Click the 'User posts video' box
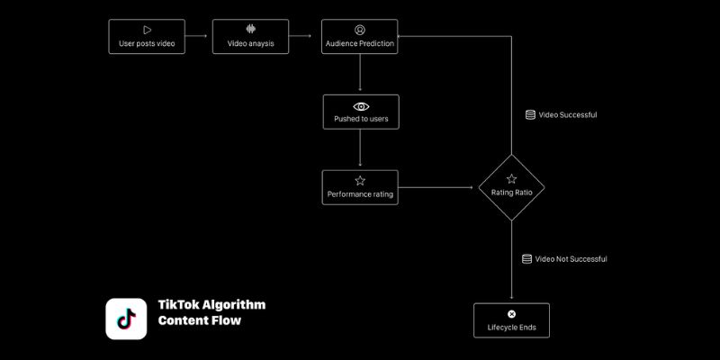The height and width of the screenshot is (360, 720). [x=147, y=37]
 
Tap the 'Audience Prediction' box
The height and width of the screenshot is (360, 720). [x=359, y=37]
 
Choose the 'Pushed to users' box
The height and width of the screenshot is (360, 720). [x=360, y=112]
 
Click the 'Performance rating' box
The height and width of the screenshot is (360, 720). [x=360, y=187]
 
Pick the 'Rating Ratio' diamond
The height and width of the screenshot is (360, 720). [x=511, y=186]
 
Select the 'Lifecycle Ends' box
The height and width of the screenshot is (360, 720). [x=511, y=320]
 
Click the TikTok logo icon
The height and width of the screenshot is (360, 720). [x=126, y=319]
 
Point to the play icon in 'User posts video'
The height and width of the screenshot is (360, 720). [x=147, y=30]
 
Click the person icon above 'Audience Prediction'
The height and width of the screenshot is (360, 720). [x=360, y=30]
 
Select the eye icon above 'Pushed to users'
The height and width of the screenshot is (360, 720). [x=360, y=105]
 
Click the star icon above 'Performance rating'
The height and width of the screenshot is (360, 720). [x=360, y=180]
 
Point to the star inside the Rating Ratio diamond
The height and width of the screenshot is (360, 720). [x=511, y=179]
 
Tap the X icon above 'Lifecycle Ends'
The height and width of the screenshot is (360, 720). [x=511, y=314]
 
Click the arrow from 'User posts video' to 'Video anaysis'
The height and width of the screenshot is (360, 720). [x=199, y=37]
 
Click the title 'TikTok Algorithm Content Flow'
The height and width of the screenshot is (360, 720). [x=211, y=312]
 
